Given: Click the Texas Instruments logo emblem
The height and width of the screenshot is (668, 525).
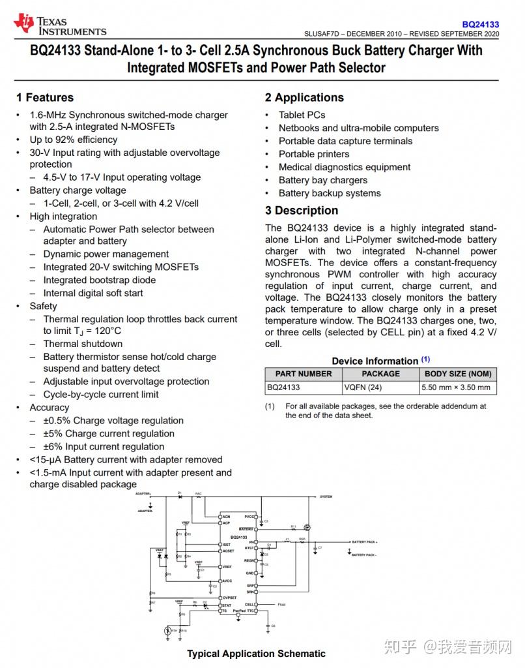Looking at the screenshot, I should point(24,23).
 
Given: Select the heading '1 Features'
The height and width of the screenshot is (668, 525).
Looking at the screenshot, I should point(45,98).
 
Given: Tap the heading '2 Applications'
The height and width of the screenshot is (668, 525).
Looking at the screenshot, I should point(304,98).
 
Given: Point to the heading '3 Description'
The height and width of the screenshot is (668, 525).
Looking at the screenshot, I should point(302,211).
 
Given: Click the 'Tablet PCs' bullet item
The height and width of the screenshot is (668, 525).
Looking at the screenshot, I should point(302,115).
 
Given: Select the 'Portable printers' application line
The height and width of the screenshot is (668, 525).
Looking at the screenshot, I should point(314,154).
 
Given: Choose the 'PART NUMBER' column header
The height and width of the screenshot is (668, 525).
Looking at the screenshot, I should point(304,374).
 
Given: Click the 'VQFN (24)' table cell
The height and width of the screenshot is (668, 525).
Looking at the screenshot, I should point(363,387).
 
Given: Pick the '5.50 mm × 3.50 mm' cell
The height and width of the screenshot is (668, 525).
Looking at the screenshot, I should point(457,387).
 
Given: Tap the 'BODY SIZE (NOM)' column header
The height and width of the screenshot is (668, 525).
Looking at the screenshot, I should point(458,374).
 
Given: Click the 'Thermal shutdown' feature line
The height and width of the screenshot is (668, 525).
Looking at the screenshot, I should point(83,344).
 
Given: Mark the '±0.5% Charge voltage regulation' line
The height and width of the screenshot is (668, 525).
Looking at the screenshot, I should point(113,421).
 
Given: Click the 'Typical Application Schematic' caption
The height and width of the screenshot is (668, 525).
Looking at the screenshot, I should point(256,654).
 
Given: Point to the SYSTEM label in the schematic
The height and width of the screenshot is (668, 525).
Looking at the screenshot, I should point(326,497).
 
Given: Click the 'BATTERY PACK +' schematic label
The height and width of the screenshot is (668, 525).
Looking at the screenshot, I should point(365,542).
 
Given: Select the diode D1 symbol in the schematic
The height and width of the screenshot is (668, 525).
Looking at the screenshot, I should point(180,496).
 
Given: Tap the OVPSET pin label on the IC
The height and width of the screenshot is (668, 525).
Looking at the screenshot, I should point(229,598).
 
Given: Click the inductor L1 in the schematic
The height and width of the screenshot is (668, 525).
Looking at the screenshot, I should point(287,541).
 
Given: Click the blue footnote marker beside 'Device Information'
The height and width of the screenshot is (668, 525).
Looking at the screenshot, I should point(425,359).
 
